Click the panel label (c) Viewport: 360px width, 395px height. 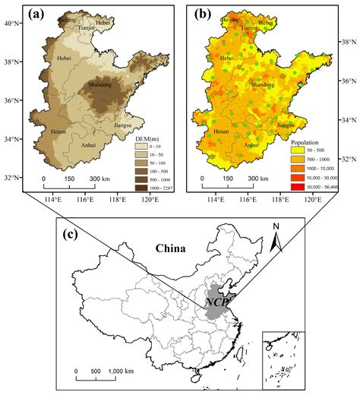[71, 234]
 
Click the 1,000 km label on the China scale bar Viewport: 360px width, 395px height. [120, 371]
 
